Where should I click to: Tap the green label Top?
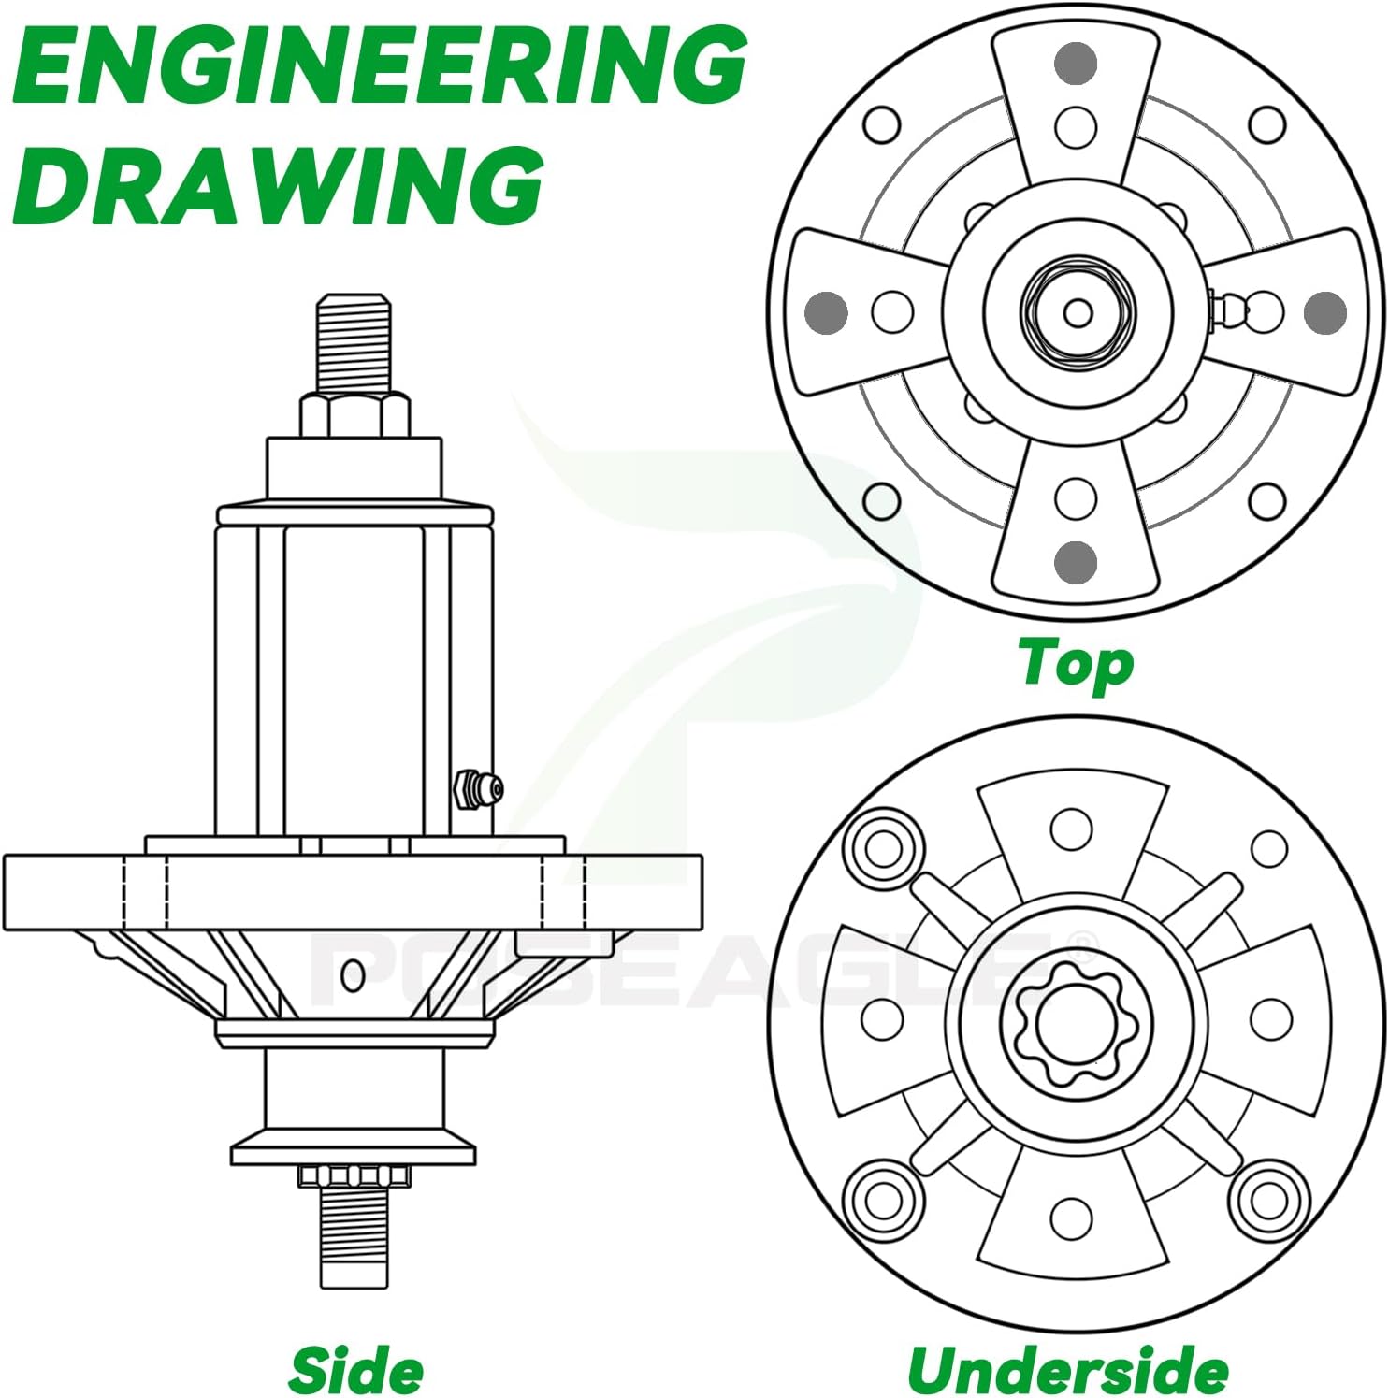tap(1076, 664)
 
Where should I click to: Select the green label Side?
tap(355, 1371)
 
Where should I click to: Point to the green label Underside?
tap(1067, 1371)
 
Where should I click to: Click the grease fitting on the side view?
tap(478, 790)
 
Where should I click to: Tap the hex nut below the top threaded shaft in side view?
tap(354, 414)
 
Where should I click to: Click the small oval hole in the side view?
tap(353, 975)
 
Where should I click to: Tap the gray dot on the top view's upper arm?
tap(1076, 63)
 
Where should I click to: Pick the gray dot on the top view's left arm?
tap(827, 311)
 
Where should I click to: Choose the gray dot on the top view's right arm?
tap(1324, 311)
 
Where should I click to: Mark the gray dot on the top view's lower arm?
tap(1076, 561)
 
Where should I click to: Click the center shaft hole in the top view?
tap(1078, 312)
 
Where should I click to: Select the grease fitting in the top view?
tap(1225, 309)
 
